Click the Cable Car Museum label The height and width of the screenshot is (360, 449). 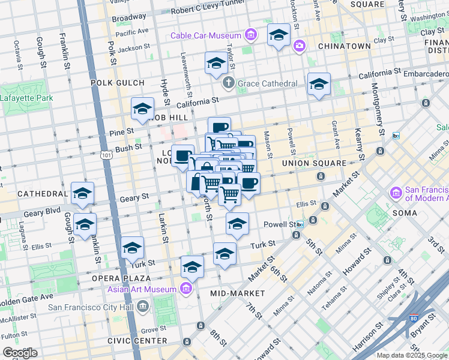coord(205,35)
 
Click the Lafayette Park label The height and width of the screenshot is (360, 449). coord(26,98)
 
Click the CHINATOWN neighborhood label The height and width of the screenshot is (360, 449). coord(345,46)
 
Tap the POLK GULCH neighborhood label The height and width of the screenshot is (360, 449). coord(118,83)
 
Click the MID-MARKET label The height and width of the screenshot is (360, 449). coord(238,293)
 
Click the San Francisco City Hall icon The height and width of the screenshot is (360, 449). coord(143,307)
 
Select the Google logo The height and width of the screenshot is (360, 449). coord(20,353)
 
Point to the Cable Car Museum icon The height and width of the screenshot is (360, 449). coord(250,35)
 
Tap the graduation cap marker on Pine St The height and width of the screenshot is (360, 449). coord(142,109)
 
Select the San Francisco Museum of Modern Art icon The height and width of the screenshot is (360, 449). coord(396,193)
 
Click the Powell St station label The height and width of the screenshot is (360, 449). coord(280,224)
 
